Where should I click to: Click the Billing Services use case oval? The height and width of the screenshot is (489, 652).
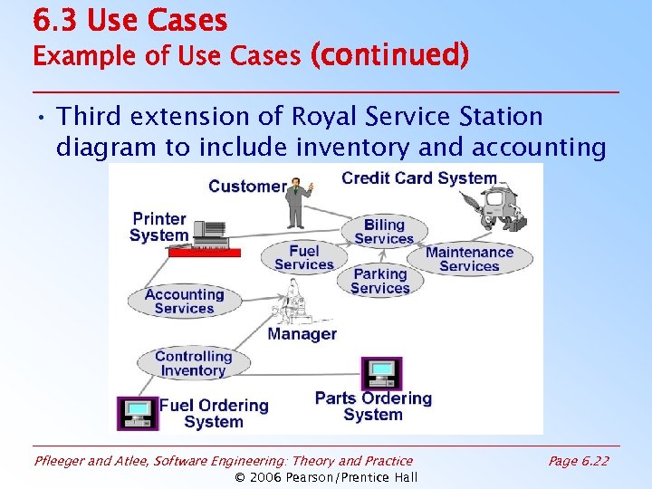(x=384, y=232)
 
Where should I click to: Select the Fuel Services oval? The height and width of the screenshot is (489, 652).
(x=304, y=257)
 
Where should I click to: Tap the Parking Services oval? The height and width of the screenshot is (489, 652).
(x=380, y=281)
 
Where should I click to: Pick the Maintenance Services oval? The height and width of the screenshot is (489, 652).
(x=469, y=259)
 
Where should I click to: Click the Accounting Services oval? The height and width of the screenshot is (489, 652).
(x=184, y=301)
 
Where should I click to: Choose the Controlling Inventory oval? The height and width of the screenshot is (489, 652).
(x=193, y=363)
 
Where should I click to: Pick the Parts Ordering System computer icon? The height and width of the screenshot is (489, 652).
(x=381, y=373)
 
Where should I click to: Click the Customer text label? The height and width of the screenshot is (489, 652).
(x=247, y=187)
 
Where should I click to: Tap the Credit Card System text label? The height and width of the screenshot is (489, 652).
(x=418, y=178)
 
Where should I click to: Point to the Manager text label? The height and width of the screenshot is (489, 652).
(x=302, y=334)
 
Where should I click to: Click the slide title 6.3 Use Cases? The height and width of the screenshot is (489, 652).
(x=129, y=20)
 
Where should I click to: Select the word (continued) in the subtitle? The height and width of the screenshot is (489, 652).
(x=389, y=56)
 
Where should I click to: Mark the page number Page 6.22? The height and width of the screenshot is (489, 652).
(x=579, y=461)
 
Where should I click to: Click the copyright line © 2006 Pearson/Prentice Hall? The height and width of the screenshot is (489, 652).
(x=326, y=477)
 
